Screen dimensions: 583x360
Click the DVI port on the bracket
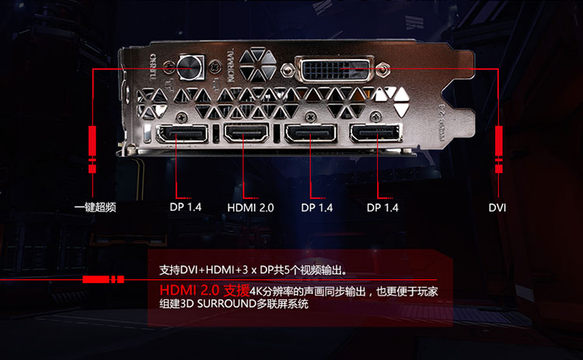point(334,68)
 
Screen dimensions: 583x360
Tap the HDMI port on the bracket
point(246,132)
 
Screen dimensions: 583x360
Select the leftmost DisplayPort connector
point(182,134)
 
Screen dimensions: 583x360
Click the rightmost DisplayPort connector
point(375,133)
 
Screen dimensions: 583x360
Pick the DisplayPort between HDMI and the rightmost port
point(311,133)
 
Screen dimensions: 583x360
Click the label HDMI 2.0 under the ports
point(250,208)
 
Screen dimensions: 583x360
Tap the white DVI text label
point(497,208)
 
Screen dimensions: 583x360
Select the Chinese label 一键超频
point(95,207)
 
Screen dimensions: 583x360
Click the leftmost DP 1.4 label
point(186,207)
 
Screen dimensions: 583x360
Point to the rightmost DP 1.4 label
point(382,208)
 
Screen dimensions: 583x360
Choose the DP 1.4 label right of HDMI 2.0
point(317,208)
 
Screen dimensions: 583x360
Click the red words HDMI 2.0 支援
point(204,291)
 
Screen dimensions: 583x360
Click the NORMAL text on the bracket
point(231,65)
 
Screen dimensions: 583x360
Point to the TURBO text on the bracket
point(153,68)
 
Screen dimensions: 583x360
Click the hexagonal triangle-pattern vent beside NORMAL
point(258,65)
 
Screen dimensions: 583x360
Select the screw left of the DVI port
point(286,69)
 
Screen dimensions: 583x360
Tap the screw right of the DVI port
point(383,69)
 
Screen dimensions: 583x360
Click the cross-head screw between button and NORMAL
point(215,68)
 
